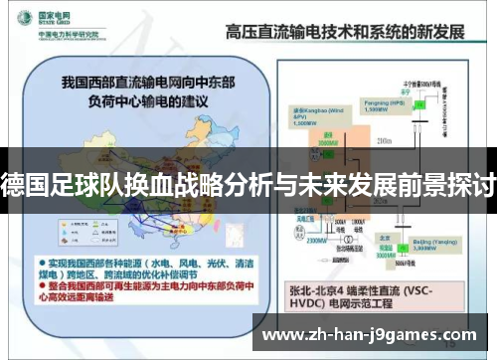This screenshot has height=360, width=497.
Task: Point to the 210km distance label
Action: point(385,140)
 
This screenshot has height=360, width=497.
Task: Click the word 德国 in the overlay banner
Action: point(23,183)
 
